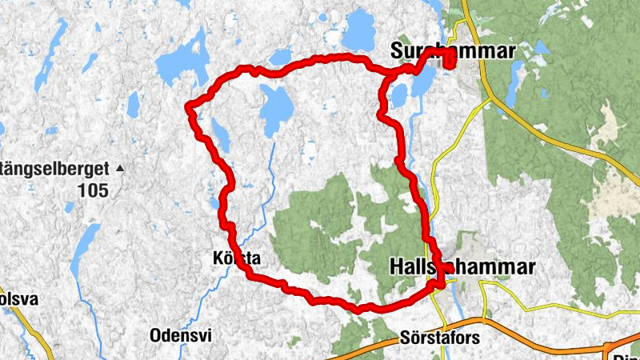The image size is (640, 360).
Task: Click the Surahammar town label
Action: pyautogui.click(x=452, y=51)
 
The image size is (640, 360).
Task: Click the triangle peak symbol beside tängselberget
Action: pyautogui.click(x=120, y=168)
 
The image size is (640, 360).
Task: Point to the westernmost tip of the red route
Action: pyautogui.click(x=187, y=106)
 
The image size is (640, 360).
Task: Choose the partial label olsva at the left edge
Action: pyautogui.click(x=14, y=298)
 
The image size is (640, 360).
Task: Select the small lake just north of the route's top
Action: pyautogui.click(x=281, y=57)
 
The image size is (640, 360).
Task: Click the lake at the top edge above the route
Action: pyautogui.click(x=358, y=30)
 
